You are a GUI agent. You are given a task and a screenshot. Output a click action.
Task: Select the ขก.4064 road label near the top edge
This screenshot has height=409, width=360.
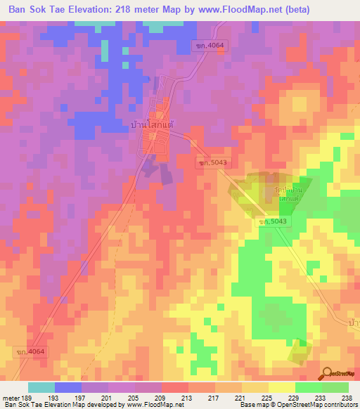(x=209, y=46)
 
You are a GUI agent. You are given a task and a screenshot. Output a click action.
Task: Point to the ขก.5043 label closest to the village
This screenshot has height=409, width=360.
(x=212, y=162)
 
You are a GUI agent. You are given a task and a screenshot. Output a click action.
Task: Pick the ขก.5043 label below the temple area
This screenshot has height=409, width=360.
(x=271, y=222)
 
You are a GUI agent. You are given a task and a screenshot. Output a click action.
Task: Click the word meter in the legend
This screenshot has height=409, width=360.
(x=10, y=397)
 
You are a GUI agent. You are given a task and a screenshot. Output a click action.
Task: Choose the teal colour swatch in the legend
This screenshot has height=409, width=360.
(x=41, y=387)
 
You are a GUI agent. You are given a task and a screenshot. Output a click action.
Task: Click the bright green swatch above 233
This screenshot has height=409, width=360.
(x=308, y=387)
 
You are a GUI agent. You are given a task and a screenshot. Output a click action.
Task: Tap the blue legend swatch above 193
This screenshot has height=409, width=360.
(x=67, y=387)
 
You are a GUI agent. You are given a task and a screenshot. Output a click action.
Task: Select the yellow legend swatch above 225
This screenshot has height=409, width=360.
(x=255, y=387)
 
